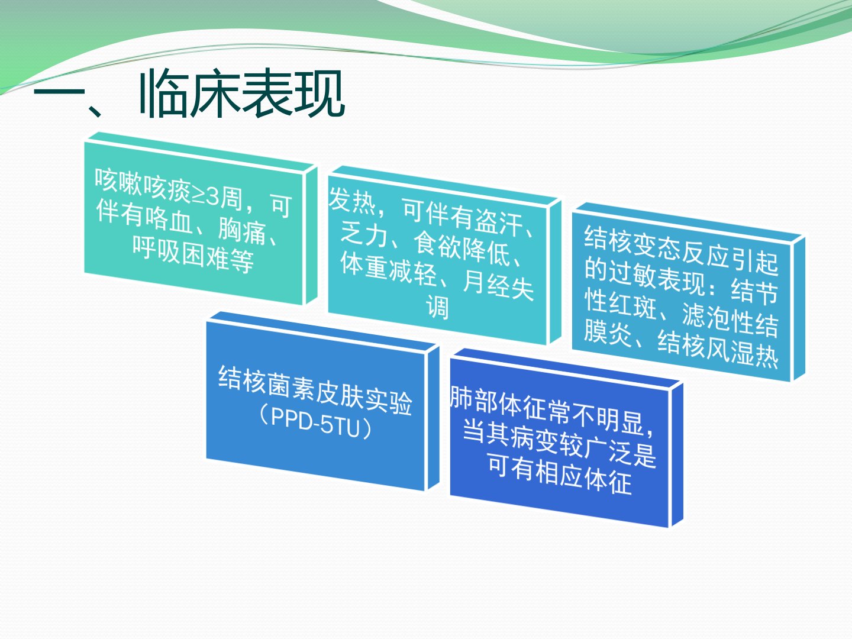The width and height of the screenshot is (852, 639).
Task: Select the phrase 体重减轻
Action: click(x=389, y=268)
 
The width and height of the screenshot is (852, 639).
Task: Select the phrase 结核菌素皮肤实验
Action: click(x=315, y=391)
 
